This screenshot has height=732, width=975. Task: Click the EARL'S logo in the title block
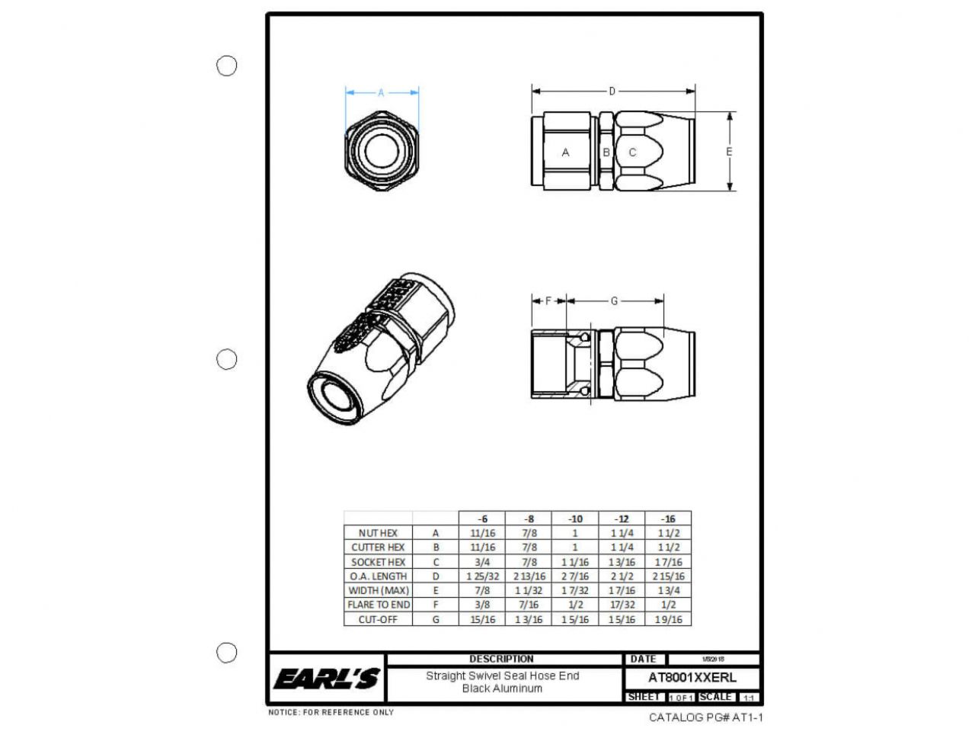[x=327, y=678]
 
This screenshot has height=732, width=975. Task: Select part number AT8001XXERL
[x=692, y=677]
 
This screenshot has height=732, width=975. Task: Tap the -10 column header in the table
[x=576, y=518]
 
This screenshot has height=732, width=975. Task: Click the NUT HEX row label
[x=378, y=533]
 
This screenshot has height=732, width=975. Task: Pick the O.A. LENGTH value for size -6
[x=482, y=576]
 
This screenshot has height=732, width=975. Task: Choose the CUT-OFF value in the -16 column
[x=668, y=620]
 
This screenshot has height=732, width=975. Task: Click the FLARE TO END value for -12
[x=622, y=605]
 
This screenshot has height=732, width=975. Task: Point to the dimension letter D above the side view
[x=612, y=91]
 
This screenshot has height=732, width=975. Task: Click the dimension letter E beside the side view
[x=729, y=152]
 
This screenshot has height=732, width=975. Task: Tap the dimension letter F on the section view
[x=548, y=301]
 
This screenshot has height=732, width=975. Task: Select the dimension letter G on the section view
[x=614, y=301]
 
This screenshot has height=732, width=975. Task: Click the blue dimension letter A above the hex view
[x=381, y=93]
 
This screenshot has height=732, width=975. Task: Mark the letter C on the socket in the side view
[x=632, y=152]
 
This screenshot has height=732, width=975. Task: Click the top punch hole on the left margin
[x=227, y=66]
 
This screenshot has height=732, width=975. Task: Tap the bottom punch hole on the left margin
[x=227, y=653]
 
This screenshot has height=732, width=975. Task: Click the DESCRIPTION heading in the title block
[x=501, y=659]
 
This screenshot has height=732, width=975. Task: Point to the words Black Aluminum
[x=502, y=689]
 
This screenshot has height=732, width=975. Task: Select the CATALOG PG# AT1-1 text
[x=705, y=718]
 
